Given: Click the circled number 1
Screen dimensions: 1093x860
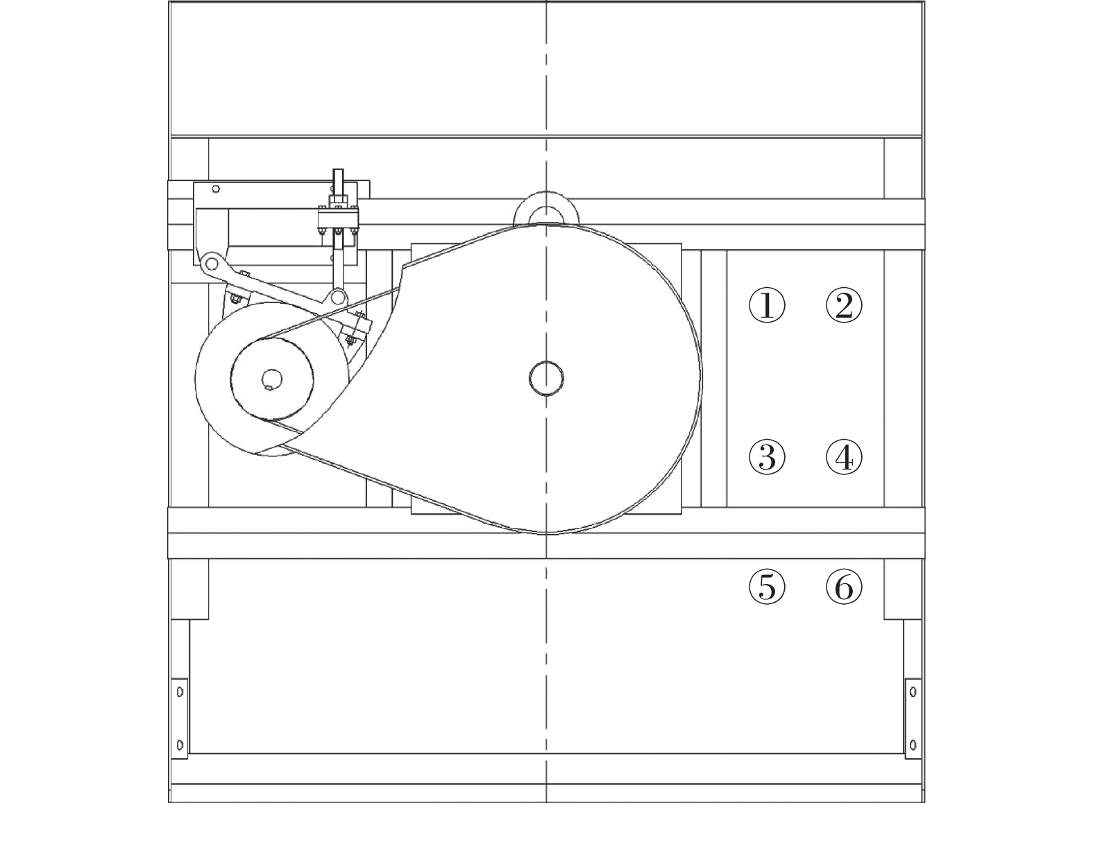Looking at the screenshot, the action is (x=767, y=305).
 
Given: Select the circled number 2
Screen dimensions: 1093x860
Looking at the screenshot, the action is (x=844, y=305).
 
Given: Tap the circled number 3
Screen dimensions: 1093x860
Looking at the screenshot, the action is (x=767, y=457).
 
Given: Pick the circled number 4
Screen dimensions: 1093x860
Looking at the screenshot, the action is (x=844, y=457).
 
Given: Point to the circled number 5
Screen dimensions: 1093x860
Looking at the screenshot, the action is (x=767, y=587).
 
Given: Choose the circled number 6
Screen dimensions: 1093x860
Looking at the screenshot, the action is (x=844, y=587).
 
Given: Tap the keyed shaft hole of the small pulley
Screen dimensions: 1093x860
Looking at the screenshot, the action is (x=272, y=379).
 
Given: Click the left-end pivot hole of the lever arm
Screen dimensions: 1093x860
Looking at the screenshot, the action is (x=212, y=264).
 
